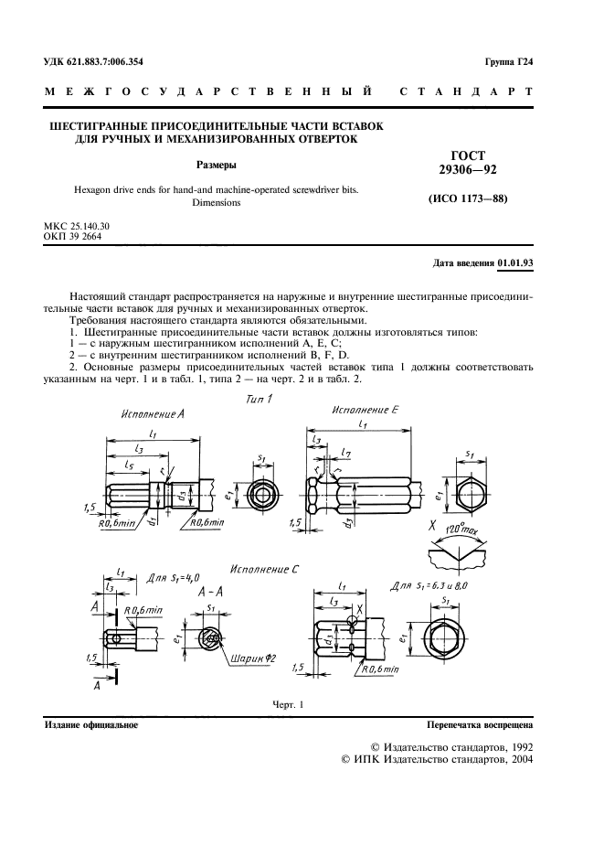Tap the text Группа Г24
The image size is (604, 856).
[509, 62]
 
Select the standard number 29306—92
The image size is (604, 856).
[468, 170]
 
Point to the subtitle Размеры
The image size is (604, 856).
[217, 166]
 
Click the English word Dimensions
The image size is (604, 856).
[217, 203]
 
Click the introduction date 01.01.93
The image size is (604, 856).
[515, 263]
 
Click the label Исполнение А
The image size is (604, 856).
[152, 414]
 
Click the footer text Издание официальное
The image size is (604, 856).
[91, 725]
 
